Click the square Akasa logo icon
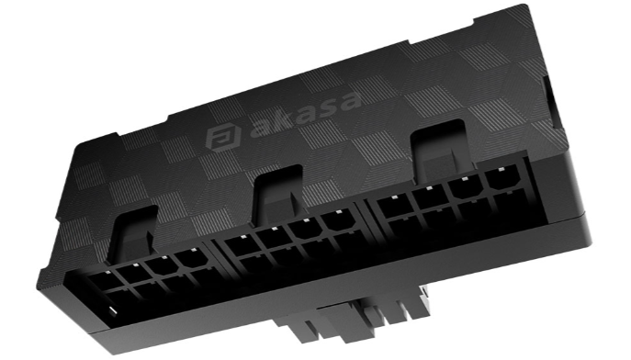223,138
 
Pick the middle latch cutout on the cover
277,194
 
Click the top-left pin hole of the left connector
104,281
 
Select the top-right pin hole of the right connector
503,179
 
